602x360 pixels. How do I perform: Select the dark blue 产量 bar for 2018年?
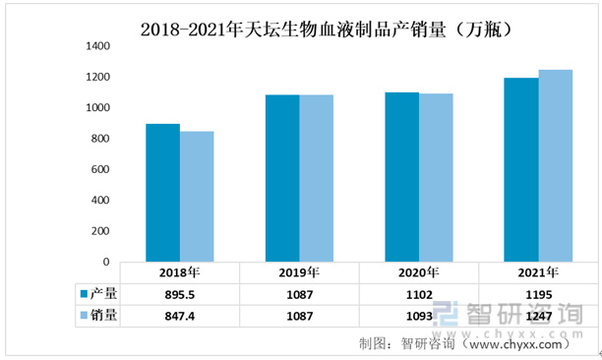coord(162,193)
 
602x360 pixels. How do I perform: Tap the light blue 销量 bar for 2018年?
coord(197,197)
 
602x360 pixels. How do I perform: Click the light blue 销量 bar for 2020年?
coord(436,178)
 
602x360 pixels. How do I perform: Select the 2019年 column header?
coord(299,273)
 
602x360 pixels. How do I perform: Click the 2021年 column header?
coord(538,273)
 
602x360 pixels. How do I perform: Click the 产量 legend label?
coord(103,293)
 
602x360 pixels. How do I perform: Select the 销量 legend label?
coord(103,316)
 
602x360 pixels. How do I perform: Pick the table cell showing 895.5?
coord(179,293)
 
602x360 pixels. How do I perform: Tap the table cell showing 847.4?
coord(179,316)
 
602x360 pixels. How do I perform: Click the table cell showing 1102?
coord(418,293)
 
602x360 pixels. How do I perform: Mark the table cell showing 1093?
coord(418,316)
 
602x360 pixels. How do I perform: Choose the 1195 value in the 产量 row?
coord(538,293)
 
